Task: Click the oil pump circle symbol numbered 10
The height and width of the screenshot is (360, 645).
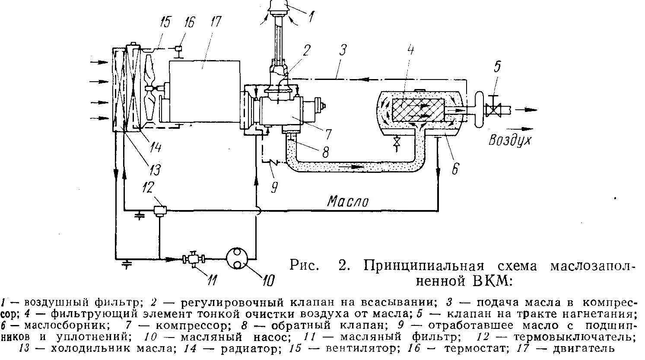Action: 237,258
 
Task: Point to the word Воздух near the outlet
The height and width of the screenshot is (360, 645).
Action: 510,140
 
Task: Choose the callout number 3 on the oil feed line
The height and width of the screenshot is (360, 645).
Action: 342,51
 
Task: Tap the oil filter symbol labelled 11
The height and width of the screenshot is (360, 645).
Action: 193,259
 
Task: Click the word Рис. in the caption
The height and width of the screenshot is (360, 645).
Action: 305,264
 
